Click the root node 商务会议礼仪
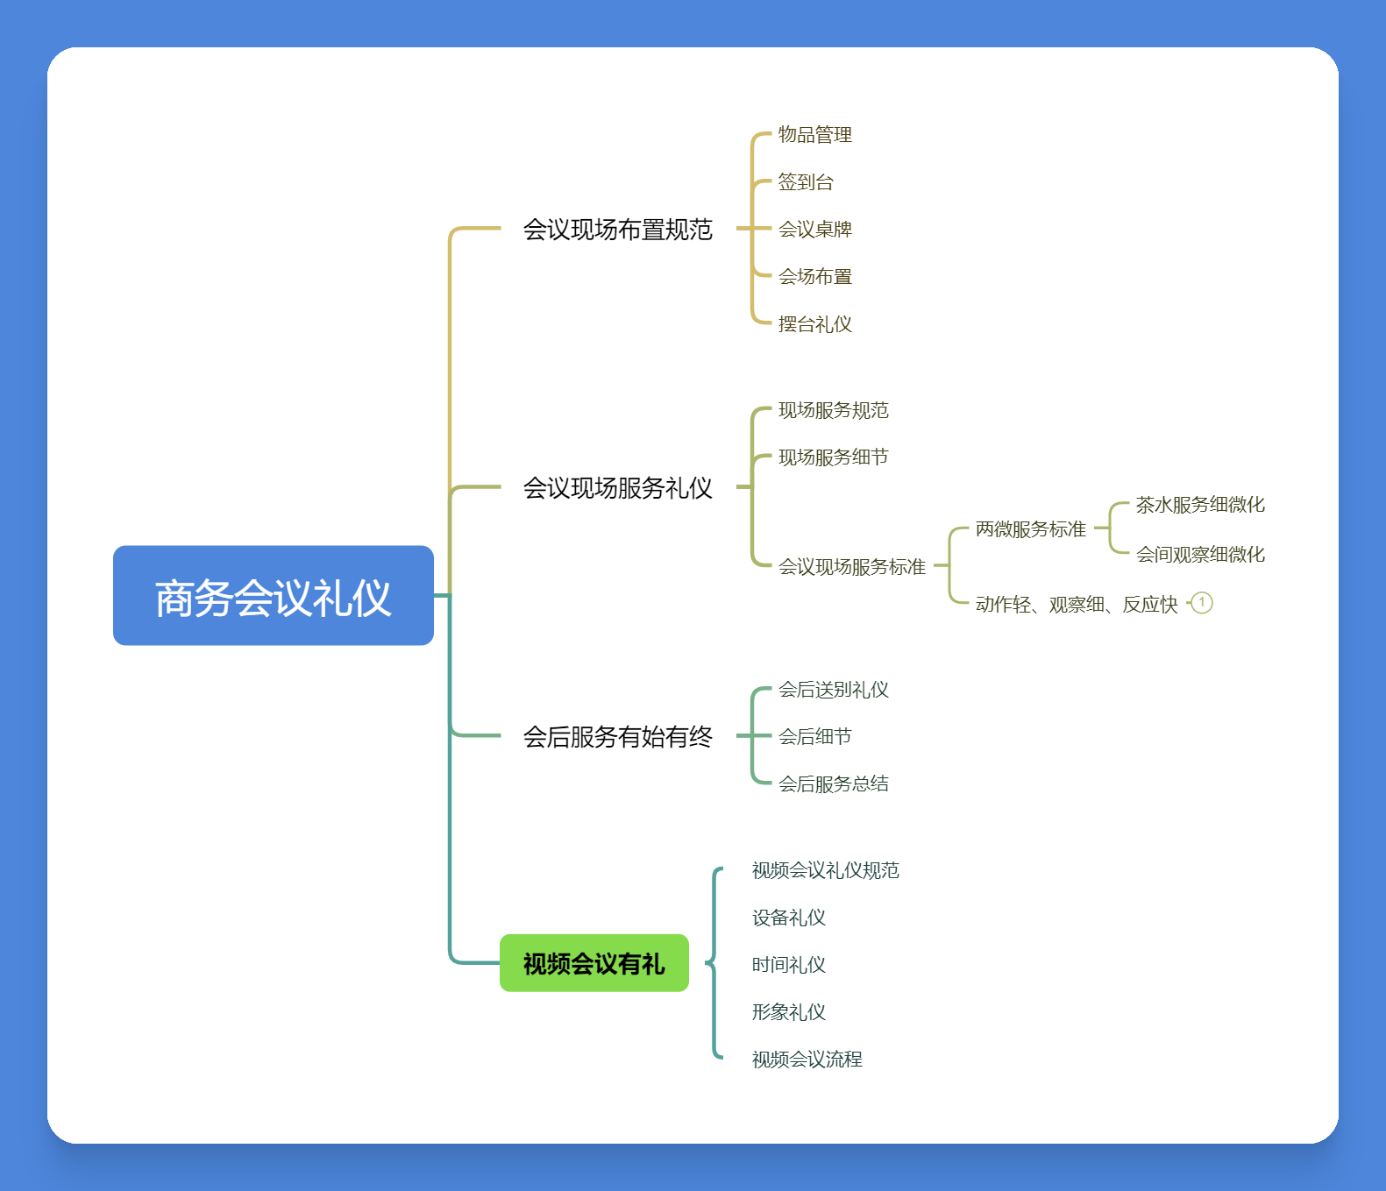(x=274, y=596)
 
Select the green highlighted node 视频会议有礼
(x=593, y=963)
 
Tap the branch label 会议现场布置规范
(x=617, y=230)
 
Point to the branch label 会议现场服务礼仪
(x=617, y=488)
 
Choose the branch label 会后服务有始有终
(x=617, y=737)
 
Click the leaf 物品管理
(x=814, y=135)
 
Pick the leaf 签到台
(x=806, y=182)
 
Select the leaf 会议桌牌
(x=814, y=230)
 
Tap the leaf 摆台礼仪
(x=814, y=324)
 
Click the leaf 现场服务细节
(x=833, y=457)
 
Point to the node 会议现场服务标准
(x=851, y=567)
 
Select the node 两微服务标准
(x=1030, y=529)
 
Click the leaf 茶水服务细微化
(x=1199, y=505)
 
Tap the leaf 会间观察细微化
(x=1199, y=555)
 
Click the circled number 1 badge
(x=1202, y=603)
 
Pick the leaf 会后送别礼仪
(x=833, y=691)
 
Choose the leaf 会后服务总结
(x=833, y=784)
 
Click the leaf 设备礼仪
(x=788, y=918)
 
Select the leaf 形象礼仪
(x=788, y=1012)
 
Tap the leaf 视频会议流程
(x=807, y=1060)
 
